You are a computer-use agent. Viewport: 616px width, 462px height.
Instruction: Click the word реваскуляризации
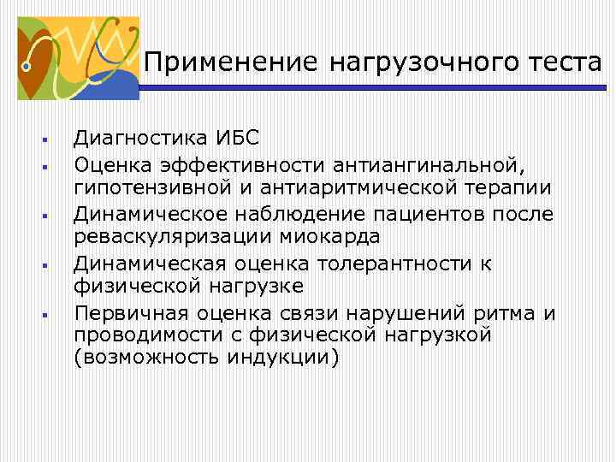point(180,236)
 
